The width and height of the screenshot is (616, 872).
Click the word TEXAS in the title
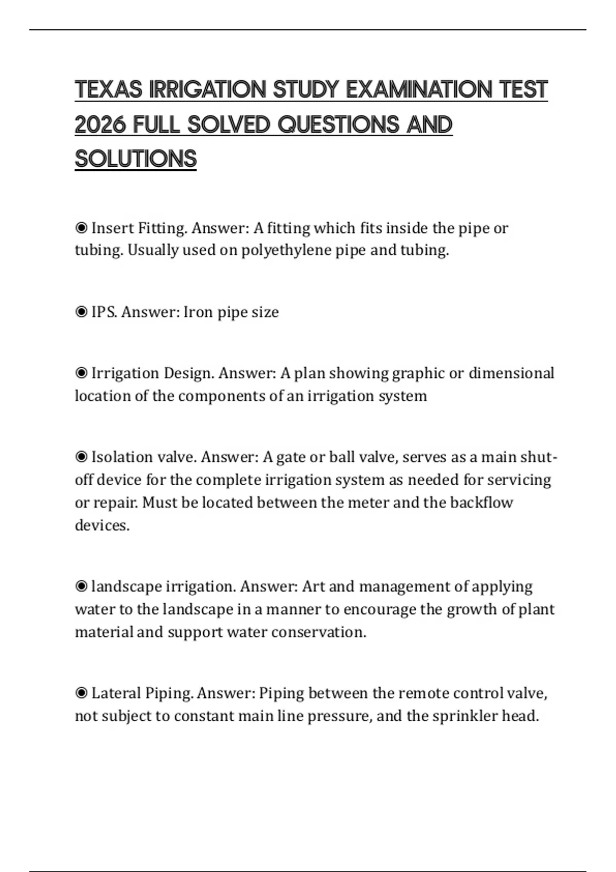[108, 90]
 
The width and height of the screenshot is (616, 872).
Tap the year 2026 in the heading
[100, 125]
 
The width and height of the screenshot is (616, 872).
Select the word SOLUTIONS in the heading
[136, 159]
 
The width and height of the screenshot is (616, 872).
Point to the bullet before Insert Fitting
[81, 228]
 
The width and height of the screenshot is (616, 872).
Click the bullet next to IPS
[81, 312]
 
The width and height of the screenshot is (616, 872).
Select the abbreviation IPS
[104, 312]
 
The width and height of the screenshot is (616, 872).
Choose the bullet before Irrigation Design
[81, 373]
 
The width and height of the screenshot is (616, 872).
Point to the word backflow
[481, 502]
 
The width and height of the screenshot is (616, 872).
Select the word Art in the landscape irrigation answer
[313, 586]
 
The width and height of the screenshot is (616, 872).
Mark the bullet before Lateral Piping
[81, 693]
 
